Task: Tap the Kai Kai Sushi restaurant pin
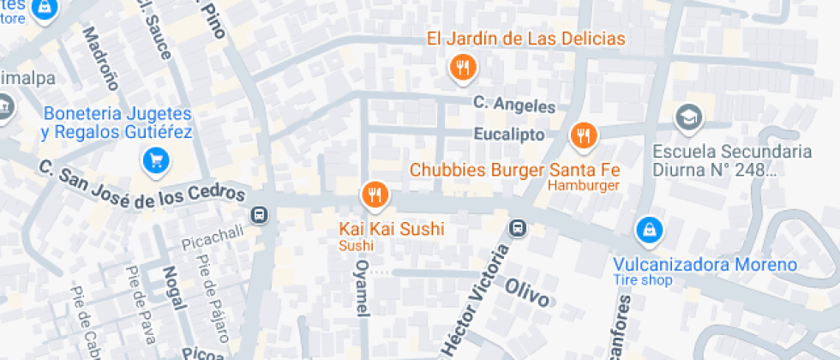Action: (x=374, y=195)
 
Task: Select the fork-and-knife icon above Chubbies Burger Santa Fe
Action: (x=584, y=134)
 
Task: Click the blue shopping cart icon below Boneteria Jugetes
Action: (x=156, y=159)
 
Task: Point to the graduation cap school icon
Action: (x=687, y=117)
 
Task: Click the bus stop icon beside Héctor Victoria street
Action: (x=518, y=228)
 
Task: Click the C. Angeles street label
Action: (x=514, y=105)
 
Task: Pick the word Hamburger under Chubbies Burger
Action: (x=583, y=186)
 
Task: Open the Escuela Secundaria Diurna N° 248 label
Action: (x=732, y=160)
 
